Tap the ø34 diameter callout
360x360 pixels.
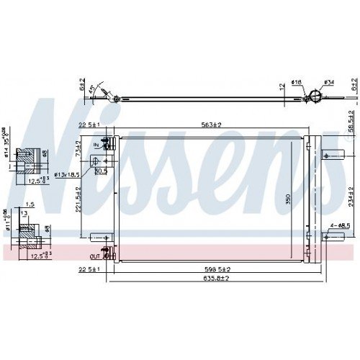point(328,84)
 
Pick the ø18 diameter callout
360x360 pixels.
point(296,82)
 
